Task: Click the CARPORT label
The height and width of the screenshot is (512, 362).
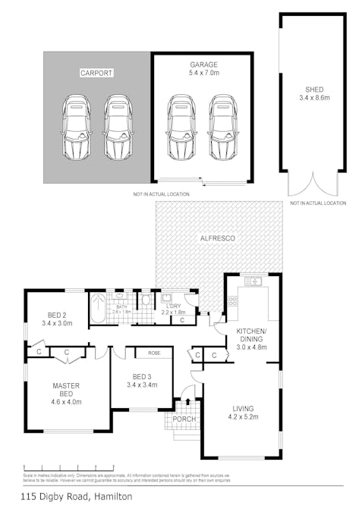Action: coord(96,74)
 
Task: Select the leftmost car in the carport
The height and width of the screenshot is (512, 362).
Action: coord(76,127)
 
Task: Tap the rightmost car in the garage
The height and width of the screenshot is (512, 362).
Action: coord(222,127)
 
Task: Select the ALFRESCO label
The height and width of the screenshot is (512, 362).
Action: coord(218,238)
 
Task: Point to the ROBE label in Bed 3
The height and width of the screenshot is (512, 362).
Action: coord(154,353)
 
